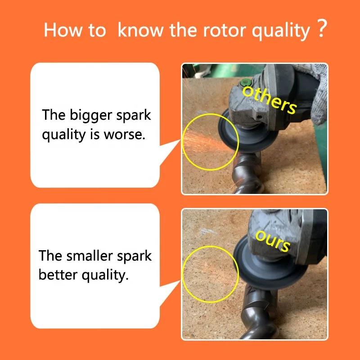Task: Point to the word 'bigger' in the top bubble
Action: coord(87,115)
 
